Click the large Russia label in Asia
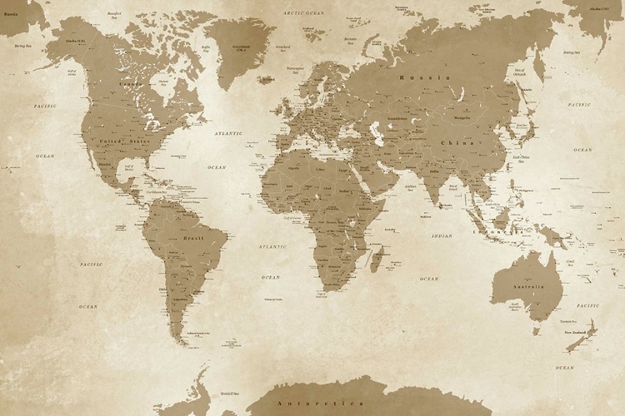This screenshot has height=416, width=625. pyautogui.click(x=425, y=77)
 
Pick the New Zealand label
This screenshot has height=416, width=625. pyautogui.click(x=579, y=332)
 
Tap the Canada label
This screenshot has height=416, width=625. pyautogui.click(x=130, y=84)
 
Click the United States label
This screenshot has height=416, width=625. pyautogui.click(x=117, y=142)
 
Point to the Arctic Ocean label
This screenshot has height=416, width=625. pyautogui.click(x=303, y=13)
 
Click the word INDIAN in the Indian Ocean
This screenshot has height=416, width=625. pyautogui.click(x=442, y=236)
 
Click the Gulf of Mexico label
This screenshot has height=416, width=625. pyautogui.click(x=129, y=167)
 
